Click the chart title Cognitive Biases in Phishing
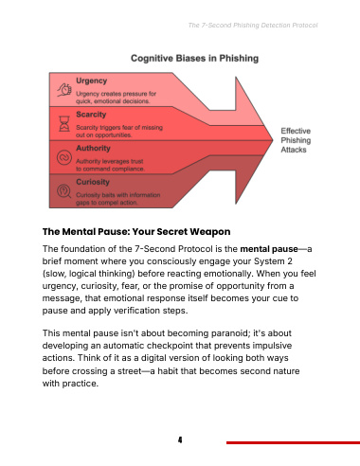click(x=194, y=59)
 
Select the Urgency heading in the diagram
click(x=92, y=81)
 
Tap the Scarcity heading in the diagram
click(x=91, y=115)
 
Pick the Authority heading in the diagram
click(x=93, y=148)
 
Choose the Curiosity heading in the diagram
click(x=93, y=182)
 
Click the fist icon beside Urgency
click(x=64, y=90)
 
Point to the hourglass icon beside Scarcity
click(x=64, y=123)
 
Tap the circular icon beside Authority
click(x=64, y=157)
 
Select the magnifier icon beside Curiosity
click(x=64, y=191)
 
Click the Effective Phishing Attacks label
click(x=296, y=140)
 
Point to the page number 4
click(x=180, y=439)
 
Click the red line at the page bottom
click(x=293, y=442)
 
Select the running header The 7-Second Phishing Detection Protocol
click(x=253, y=26)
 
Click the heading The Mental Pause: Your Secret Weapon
click(x=136, y=232)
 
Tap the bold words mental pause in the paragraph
click(x=269, y=249)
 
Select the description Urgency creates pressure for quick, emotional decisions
click(x=116, y=98)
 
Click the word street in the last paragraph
click(x=129, y=371)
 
